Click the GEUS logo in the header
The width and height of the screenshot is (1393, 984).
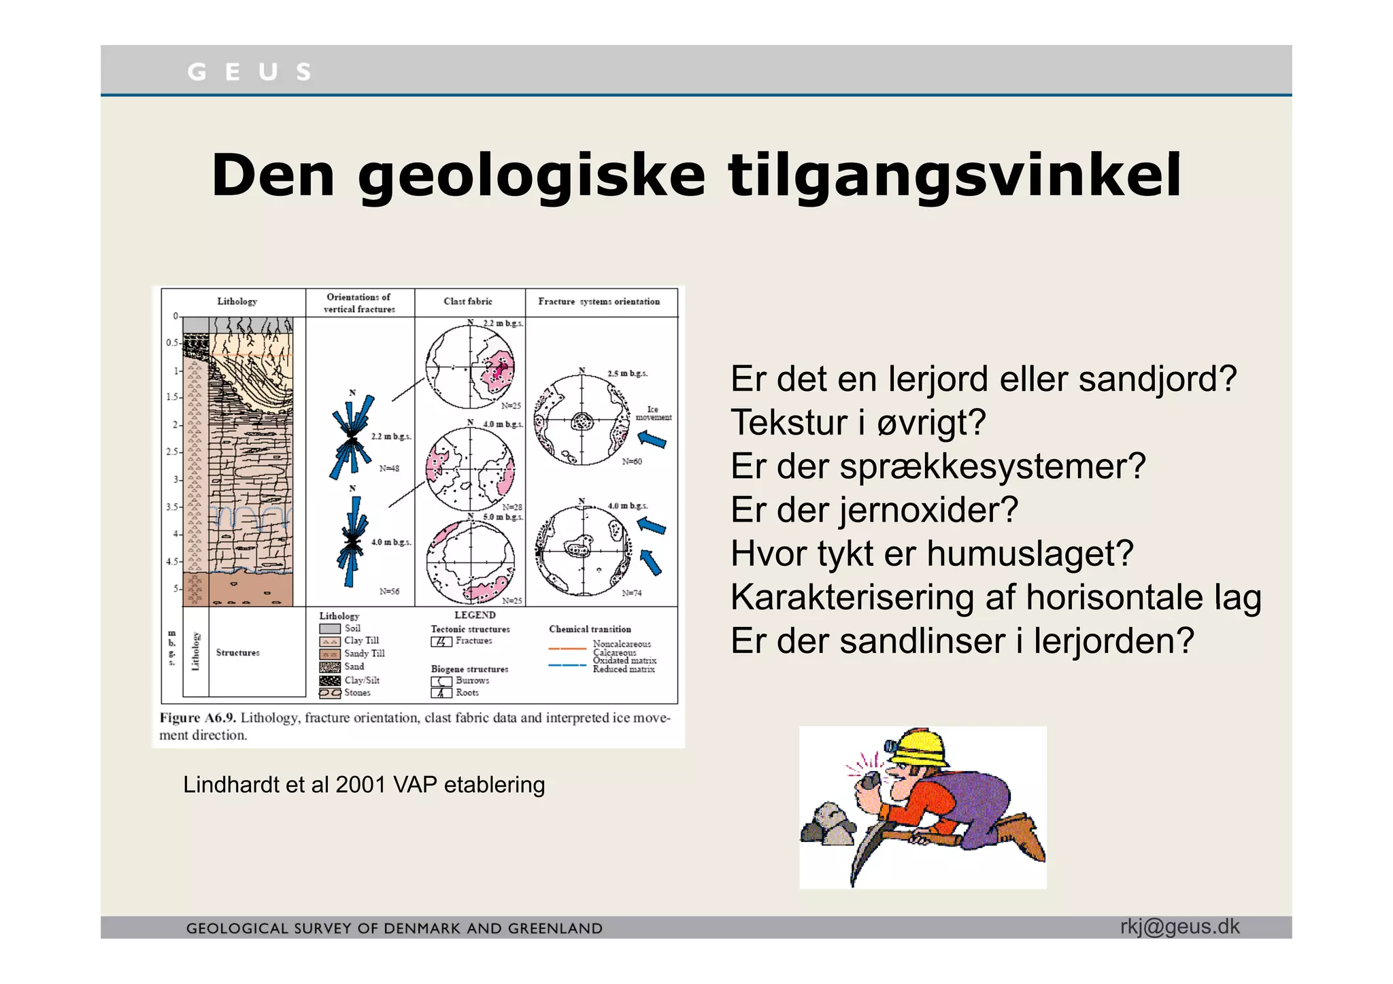[x=249, y=71]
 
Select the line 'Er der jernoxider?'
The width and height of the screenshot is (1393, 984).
[x=874, y=510]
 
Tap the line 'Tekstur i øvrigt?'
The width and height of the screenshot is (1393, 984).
[x=858, y=422]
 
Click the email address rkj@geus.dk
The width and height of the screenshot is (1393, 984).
[x=1179, y=927]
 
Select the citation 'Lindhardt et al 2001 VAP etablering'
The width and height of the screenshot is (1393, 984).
[x=364, y=785]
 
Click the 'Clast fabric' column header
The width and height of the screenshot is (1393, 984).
[x=468, y=301]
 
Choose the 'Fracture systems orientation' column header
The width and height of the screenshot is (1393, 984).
[x=599, y=301]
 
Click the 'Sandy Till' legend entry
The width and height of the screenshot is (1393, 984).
[x=364, y=654]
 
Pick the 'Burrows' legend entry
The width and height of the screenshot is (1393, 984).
[x=472, y=680]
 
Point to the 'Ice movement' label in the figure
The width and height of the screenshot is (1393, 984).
[x=653, y=413]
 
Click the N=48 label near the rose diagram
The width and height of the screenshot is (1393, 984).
[x=389, y=469]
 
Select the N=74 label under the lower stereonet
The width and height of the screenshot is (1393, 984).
[x=632, y=593]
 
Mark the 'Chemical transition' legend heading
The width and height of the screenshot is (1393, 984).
[x=590, y=629]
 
